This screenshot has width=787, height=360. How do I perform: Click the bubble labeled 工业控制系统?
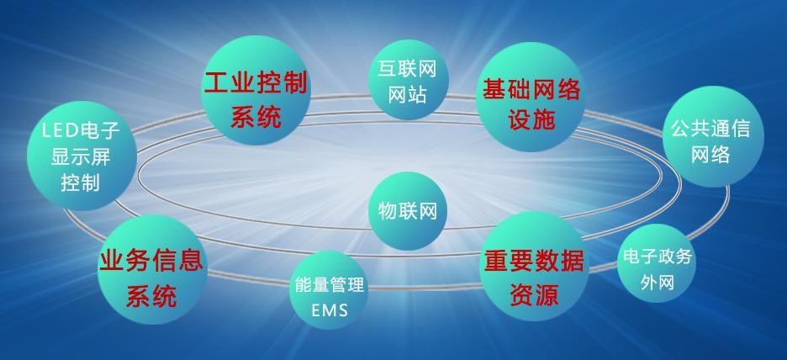[256, 90]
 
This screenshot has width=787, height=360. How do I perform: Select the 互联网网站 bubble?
[408, 79]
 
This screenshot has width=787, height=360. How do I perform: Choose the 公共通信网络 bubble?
[713, 136]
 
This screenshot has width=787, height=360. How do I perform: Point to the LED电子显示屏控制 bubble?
[82, 156]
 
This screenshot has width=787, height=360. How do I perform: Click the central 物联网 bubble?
[408, 211]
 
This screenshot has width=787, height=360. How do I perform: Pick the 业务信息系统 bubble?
[152, 270]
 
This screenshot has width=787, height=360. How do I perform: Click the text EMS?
[330, 310]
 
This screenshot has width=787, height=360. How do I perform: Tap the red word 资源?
[534, 294]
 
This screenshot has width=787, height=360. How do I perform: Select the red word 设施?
[531, 119]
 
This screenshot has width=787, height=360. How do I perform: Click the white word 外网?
[657, 283]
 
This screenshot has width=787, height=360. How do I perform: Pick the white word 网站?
[407, 93]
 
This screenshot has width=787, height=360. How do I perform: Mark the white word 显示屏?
[81, 156]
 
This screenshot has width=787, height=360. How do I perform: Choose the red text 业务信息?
[151, 261]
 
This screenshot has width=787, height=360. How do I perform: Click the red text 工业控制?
[255, 82]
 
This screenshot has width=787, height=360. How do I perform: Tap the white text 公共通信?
[710, 129]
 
